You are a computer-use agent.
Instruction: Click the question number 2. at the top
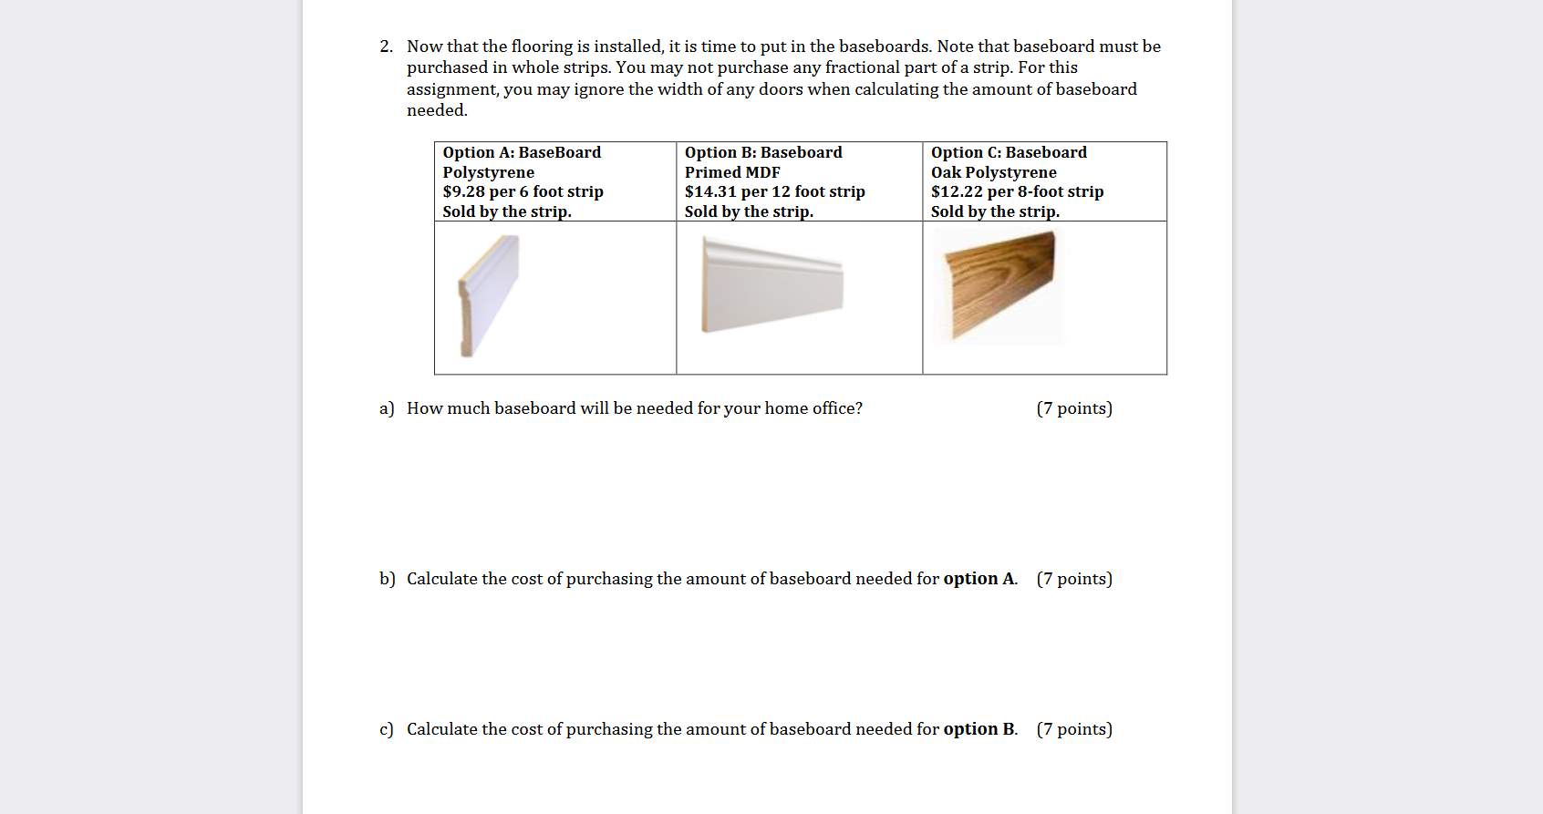coord(386,46)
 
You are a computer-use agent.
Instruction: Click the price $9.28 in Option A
coord(463,191)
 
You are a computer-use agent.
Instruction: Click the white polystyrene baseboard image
coord(489,294)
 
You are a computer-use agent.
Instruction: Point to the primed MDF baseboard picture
coord(771,284)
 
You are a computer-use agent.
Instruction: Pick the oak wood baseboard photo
coord(1001,283)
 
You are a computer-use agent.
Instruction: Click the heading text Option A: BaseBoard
coord(522,152)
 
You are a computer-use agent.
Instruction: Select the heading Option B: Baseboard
coord(763,152)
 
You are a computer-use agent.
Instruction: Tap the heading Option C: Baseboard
coord(1009,152)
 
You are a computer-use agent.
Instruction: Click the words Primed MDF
coord(732,172)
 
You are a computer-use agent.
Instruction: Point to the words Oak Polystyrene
coord(993,172)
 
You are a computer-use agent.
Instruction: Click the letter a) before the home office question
coord(387,408)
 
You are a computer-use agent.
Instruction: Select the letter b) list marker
coord(388,579)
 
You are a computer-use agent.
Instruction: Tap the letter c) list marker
coord(387,729)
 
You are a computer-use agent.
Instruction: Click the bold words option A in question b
coord(979,579)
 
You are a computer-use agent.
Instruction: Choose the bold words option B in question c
coord(979,729)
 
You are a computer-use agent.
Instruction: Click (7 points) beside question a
coord(1074,408)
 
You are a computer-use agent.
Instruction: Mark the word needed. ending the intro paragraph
coord(437,110)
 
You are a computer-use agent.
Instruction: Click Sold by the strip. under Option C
coord(995,211)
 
